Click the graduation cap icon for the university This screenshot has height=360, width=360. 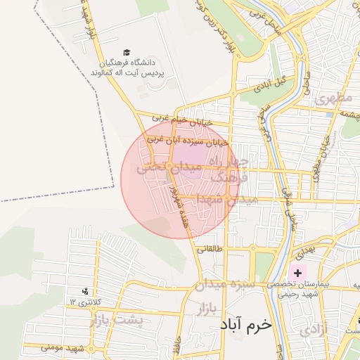[127, 52]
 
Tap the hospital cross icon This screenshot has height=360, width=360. [297, 272]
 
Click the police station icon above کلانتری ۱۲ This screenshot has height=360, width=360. [86, 291]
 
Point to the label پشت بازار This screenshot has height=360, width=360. [117, 321]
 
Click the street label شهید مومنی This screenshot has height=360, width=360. [63, 348]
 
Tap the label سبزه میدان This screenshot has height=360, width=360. [236, 285]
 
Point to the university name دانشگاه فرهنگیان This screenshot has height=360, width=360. [127, 63]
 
